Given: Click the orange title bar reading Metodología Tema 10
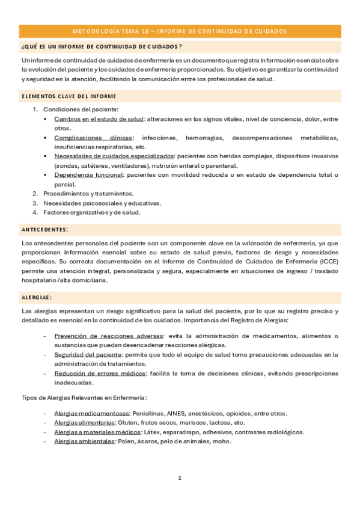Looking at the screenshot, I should click(180, 31).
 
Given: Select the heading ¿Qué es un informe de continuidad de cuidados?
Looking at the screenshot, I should click(102, 46).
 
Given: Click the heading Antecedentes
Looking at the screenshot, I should click(44, 229).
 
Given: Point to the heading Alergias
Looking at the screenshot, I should click(37, 297).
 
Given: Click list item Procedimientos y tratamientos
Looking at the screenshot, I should click(88, 194).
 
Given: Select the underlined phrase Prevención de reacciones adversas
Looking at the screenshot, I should click(100, 336).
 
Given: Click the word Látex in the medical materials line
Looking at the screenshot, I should click(150, 432).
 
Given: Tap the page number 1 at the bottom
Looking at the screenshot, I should click(179, 478).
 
